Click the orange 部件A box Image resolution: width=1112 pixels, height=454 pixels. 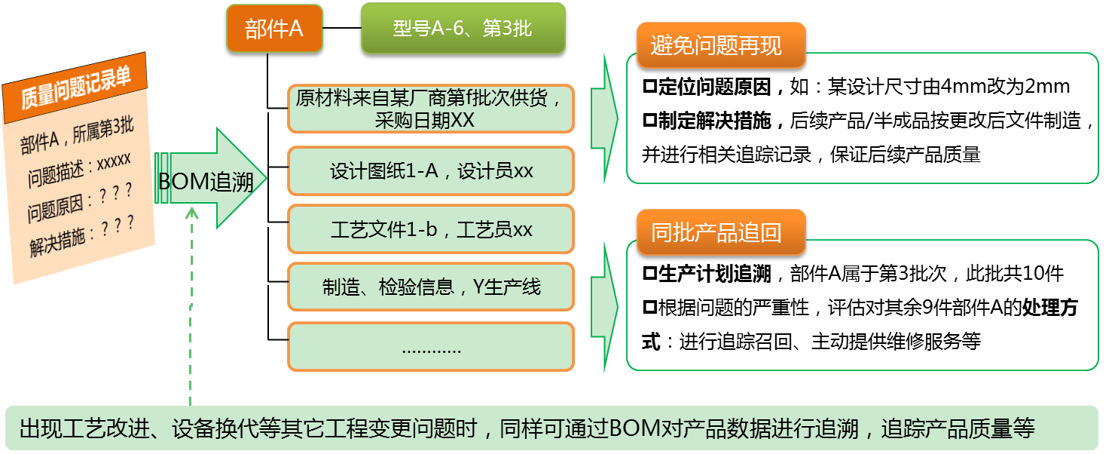click(x=274, y=29)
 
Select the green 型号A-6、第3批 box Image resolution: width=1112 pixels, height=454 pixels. click(x=463, y=29)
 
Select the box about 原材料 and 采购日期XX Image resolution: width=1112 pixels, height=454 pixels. click(x=430, y=109)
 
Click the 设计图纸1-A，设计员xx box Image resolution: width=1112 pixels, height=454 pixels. click(x=430, y=171)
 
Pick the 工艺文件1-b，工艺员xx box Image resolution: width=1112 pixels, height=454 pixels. click(x=430, y=229)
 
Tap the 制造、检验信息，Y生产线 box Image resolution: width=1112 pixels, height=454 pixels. click(x=430, y=287)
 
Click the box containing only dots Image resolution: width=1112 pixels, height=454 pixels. click(x=430, y=347)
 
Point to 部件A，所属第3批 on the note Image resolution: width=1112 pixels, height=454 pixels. click(x=77, y=137)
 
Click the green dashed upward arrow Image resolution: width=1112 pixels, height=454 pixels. click(x=191, y=302)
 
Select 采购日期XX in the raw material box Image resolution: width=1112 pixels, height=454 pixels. click(x=424, y=120)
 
